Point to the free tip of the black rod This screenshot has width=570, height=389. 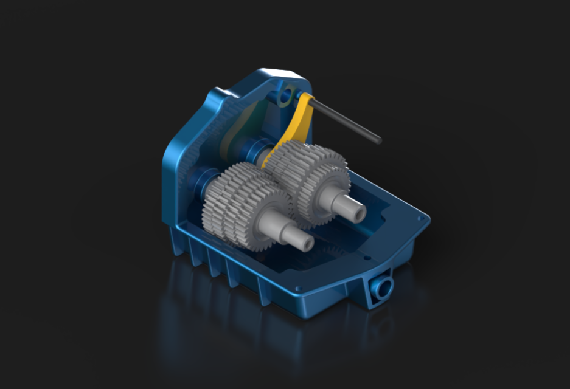378,140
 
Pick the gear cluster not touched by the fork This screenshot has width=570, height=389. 243,201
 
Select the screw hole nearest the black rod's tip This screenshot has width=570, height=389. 420,217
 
